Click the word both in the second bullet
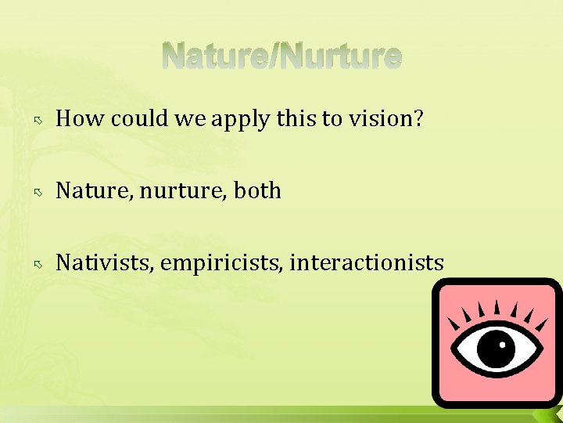(256, 190)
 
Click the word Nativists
(105, 262)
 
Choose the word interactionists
(367, 262)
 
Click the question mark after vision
(418, 118)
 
